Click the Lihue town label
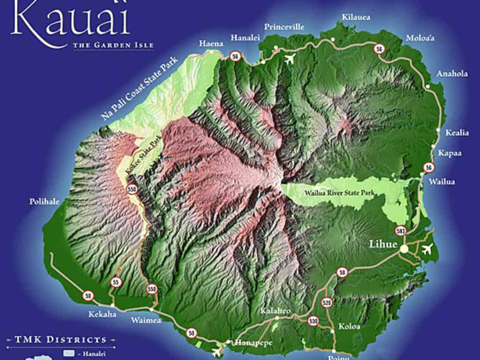click(x=383, y=245)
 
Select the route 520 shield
click(x=327, y=302)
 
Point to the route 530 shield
click(x=313, y=322)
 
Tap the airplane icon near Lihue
click(x=427, y=249)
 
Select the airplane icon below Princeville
click(x=290, y=60)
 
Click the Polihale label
click(x=44, y=202)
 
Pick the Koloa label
click(x=349, y=326)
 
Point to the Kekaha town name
click(x=102, y=314)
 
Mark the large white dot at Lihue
click(x=404, y=250)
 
